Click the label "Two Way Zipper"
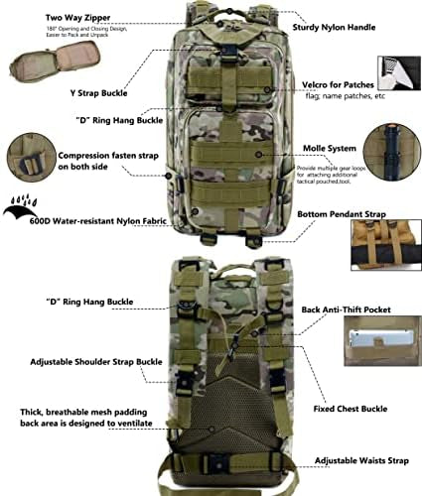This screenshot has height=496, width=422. [52, 15]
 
